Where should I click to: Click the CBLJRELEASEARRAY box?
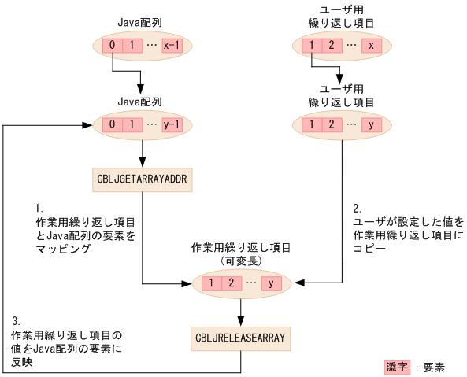pos(241,338)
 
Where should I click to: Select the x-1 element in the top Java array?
pos(171,46)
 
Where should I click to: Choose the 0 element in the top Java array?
pos(113,46)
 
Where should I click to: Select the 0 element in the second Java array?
pos(113,124)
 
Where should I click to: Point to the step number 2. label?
pos(357,209)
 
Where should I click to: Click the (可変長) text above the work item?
pos(241,261)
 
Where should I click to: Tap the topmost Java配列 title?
pos(139,24)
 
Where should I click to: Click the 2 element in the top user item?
pos(332,46)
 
